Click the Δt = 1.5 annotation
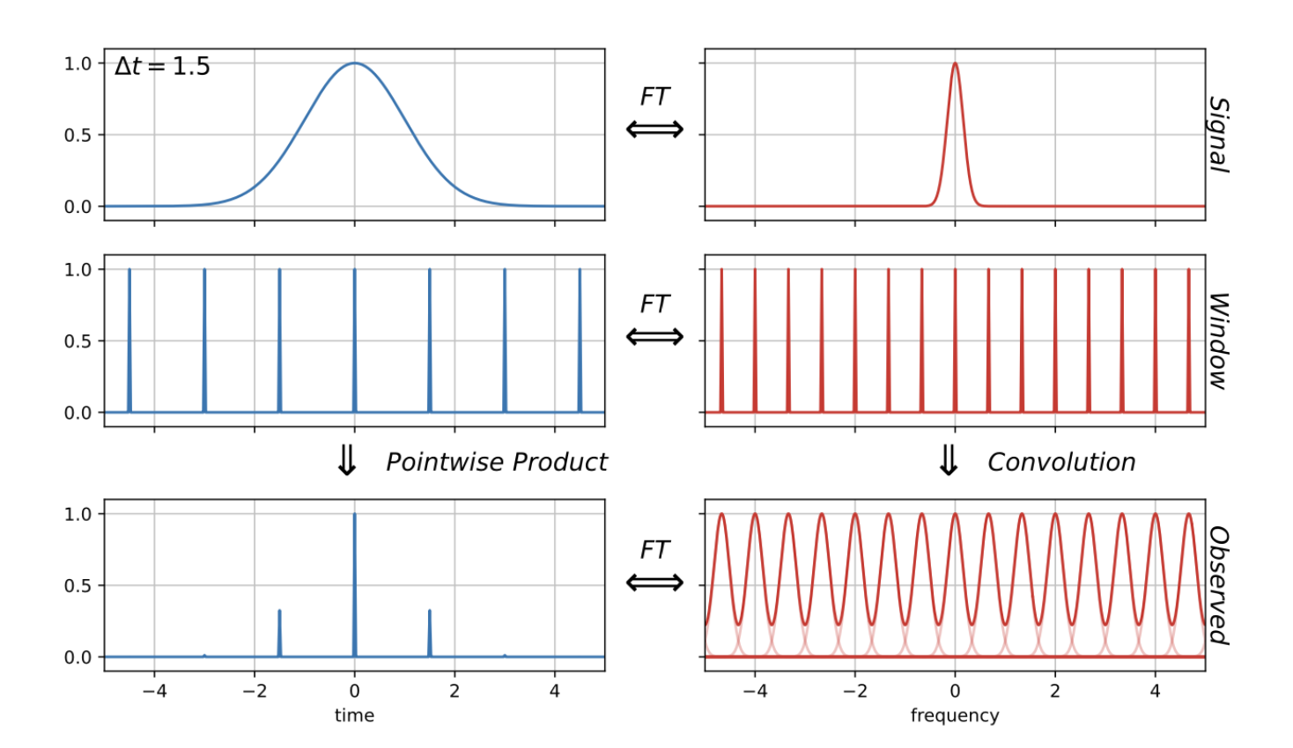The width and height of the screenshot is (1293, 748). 163,67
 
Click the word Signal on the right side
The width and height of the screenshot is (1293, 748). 1218,135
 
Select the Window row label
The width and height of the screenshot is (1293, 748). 1218,341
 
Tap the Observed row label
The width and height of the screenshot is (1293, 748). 1218,585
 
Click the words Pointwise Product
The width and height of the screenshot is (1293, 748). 496,462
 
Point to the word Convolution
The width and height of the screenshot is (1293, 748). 1060,462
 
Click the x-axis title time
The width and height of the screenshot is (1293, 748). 354,715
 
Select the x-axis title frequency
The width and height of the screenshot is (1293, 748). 955,715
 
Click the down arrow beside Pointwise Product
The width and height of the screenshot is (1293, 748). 347,460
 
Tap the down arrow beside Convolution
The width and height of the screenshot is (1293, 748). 949,460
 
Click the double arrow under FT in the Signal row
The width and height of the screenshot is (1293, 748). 654,130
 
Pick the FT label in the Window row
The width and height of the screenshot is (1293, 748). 654,304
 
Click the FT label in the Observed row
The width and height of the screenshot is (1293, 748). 654,549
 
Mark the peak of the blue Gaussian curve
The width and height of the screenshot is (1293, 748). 354,63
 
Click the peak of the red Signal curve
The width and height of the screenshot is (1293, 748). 955,63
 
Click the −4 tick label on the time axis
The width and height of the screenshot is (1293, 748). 154,692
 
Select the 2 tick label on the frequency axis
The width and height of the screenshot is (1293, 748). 1055,692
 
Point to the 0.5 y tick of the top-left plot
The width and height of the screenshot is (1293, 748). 78,135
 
